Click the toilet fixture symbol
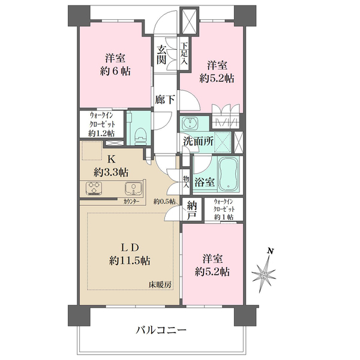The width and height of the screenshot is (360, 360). pyautogui.click(x=140, y=136)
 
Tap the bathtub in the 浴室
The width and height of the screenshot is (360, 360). pyautogui.click(x=229, y=173)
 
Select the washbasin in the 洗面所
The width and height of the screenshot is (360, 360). pyautogui.click(x=190, y=124)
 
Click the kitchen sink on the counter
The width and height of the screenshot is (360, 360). pyautogui.click(x=133, y=188)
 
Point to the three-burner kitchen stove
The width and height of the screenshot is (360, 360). pyautogui.click(x=94, y=188)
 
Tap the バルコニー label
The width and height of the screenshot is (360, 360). pyautogui.click(x=161, y=331)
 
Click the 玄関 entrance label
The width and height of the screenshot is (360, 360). pyautogui.click(x=161, y=55)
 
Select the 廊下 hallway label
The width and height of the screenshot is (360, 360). pyautogui.click(x=165, y=100)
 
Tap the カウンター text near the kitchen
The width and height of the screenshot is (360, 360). pyautogui.click(x=131, y=202)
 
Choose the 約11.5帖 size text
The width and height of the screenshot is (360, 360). pyautogui.click(x=130, y=260)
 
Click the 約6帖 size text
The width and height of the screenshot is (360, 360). pyautogui.click(x=115, y=71)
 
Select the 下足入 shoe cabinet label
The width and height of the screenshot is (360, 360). pyautogui.click(x=184, y=54)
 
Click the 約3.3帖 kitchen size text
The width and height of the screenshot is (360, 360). pyautogui.click(x=111, y=172)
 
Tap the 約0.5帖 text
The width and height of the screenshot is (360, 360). pyautogui.click(x=164, y=202)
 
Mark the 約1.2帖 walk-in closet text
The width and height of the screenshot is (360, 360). pyautogui.click(x=101, y=133)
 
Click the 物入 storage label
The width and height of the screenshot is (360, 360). pyautogui.click(x=186, y=182)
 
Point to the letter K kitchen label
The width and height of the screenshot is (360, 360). pyautogui.click(x=112, y=159)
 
